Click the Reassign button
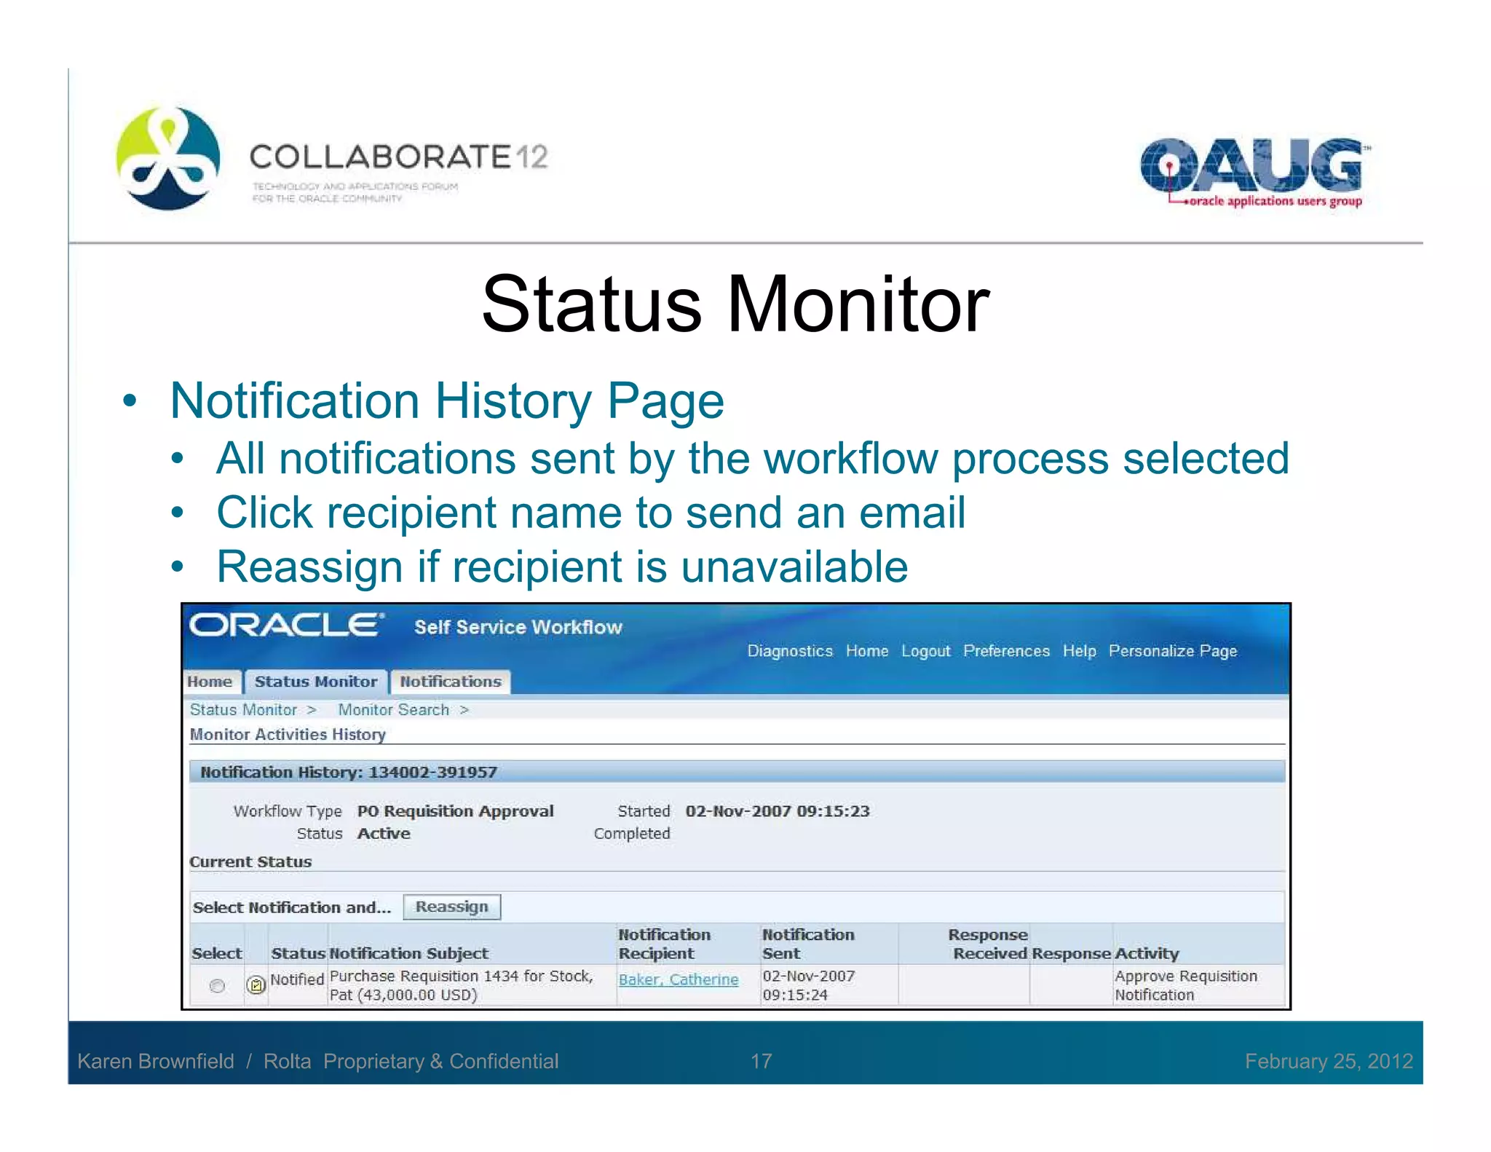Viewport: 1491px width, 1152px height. point(451,907)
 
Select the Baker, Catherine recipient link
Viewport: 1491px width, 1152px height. point(678,979)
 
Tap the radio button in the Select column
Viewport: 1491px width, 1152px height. point(217,985)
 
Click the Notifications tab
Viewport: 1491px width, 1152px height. point(450,682)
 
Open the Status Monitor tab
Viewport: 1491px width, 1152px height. point(315,682)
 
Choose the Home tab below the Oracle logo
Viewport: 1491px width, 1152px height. point(210,682)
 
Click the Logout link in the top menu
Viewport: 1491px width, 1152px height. point(925,651)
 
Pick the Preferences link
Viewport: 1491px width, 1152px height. point(1006,651)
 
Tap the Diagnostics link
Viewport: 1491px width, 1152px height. point(789,651)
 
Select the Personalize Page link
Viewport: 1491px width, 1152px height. point(1172,651)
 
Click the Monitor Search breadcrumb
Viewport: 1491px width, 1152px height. point(393,709)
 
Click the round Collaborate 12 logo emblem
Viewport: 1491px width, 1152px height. point(168,158)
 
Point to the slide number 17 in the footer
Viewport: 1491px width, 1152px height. point(761,1061)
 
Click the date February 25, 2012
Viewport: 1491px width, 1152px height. point(1328,1061)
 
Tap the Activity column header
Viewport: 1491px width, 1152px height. point(1147,953)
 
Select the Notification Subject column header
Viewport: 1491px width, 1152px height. point(408,953)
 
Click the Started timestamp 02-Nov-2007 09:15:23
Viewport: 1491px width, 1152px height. point(777,811)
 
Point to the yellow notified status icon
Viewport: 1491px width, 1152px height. point(256,985)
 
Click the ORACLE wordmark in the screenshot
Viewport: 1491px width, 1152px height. point(285,626)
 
